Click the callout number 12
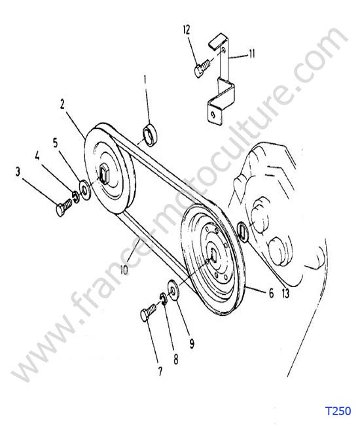[187, 29]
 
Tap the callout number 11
[252, 54]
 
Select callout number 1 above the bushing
[145, 80]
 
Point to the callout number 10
[124, 269]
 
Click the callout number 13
[285, 294]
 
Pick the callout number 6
[271, 293]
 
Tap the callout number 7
[160, 371]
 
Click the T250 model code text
[338, 411]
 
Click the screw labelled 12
[202, 68]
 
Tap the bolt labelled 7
[149, 312]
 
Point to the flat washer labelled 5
[85, 190]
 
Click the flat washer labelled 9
[173, 290]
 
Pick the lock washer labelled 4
[76, 197]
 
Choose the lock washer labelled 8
[164, 299]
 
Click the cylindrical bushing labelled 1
[150, 135]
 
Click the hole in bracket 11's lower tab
[214, 115]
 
